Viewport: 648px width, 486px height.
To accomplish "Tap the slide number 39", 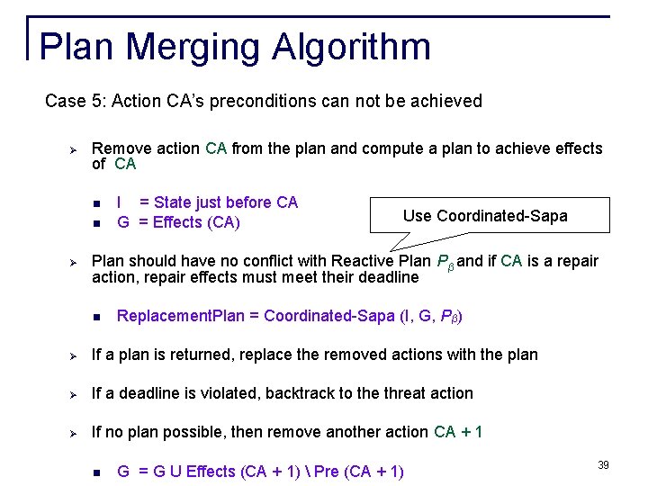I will (x=603, y=464).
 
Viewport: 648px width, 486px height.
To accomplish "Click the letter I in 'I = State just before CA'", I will (x=121, y=202).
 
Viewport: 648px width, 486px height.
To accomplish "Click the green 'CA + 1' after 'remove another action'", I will (x=458, y=432).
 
